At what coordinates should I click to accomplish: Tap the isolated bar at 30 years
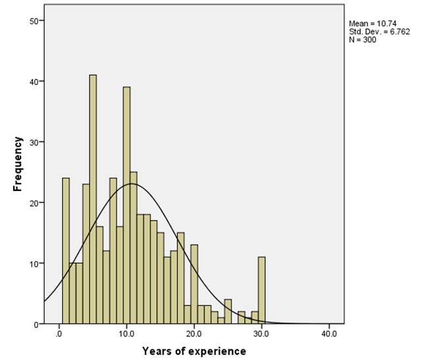point(261,290)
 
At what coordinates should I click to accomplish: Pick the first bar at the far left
point(66,251)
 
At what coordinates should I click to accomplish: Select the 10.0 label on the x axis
point(126,334)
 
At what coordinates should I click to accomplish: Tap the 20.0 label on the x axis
point(194,334)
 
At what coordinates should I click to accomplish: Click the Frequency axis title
point(18,164)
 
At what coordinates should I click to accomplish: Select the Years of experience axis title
point(194,351)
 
